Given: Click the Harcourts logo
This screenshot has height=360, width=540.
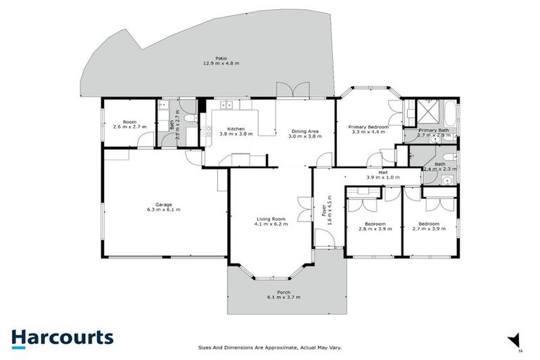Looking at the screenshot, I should coord(62,337).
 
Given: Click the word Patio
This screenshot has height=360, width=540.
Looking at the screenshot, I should coord(221,58).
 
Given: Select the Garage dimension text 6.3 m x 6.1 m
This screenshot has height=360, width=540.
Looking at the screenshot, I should coord(163,210).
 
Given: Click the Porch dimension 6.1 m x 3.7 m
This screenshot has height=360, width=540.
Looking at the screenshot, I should coord(283,297).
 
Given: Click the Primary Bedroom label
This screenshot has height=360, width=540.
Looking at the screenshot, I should coord(368,127).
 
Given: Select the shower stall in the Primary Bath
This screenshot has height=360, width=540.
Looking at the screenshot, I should coord(426,110).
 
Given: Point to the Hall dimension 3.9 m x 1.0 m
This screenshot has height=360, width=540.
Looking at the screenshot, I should coord(382,177).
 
